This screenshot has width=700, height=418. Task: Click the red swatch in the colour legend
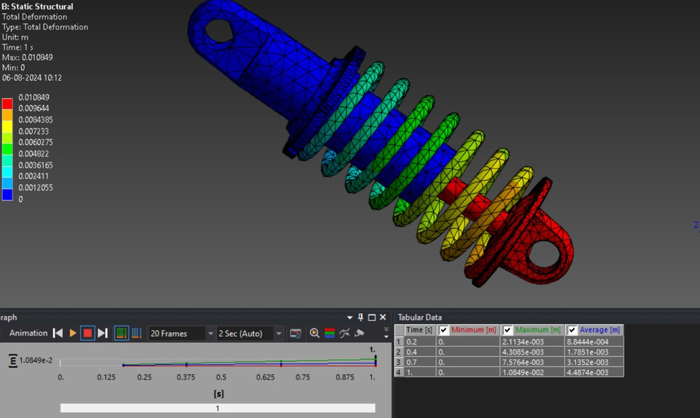tap(7, 103)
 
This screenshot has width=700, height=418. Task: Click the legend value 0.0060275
tap(35, 142)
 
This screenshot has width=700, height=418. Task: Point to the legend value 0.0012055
tap(35, 188)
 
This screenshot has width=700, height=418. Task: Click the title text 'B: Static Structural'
tap(37, 7)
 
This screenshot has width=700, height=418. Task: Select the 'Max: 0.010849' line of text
tap(27, 58)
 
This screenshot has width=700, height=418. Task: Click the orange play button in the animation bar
tap(73, 334)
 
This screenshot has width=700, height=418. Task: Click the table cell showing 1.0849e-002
tap(532, 372)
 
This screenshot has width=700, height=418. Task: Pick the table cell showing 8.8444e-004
tap(594, 341)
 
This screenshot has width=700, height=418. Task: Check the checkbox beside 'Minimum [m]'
tap(443, 330)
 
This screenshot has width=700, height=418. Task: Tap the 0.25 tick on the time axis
tap(144, 377)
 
